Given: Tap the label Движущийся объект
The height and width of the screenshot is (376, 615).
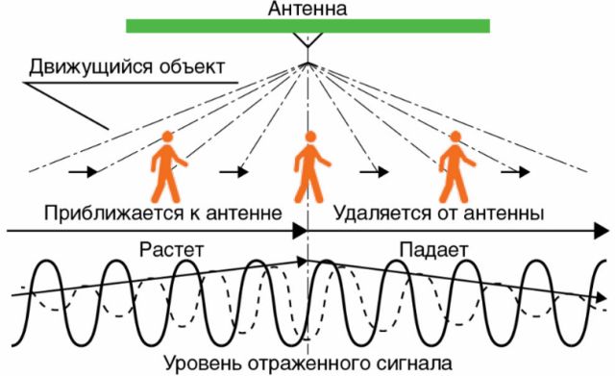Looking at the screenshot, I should point(127,67).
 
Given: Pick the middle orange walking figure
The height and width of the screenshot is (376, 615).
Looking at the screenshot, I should point(310,164).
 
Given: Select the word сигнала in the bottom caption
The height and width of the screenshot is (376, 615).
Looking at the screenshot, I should point(410,364).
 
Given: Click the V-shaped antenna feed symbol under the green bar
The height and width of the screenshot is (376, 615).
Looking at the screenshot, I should point(308,42).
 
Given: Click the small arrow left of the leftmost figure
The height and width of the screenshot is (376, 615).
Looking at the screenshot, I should point(85,173).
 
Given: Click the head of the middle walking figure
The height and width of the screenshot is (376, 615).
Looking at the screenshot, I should point(308,137).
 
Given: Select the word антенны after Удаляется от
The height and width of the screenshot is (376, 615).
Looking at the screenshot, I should point(503,211).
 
